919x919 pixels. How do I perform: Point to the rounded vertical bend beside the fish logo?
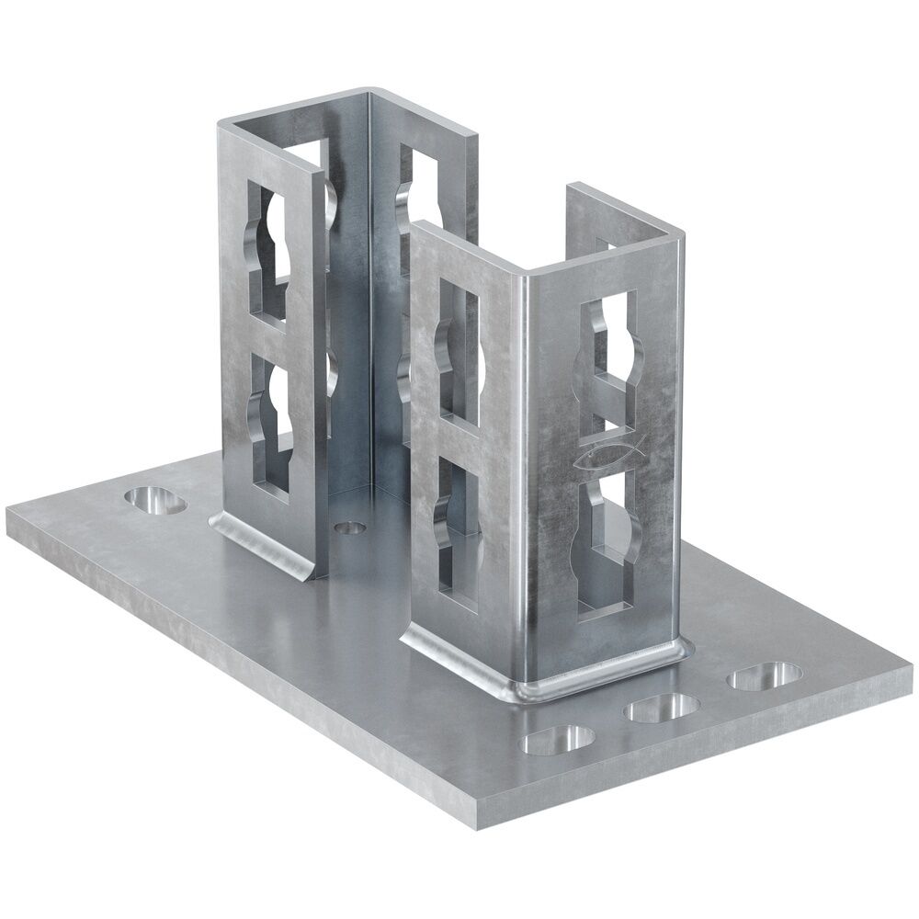tap(534, 459)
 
